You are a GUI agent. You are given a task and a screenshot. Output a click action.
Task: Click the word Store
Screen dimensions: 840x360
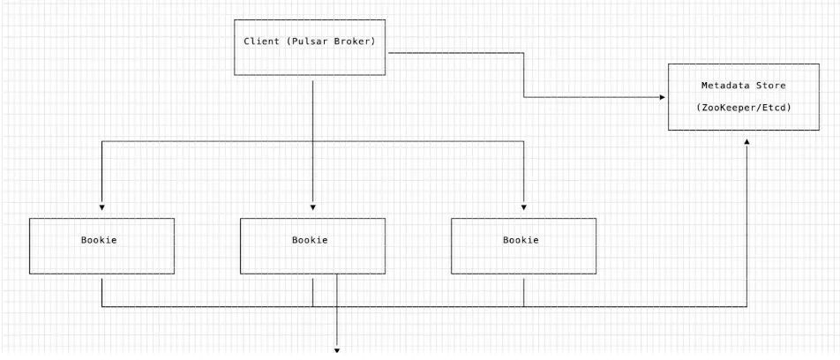pos(773,86)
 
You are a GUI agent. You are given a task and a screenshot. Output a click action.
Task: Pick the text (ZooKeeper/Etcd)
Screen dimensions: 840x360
pos(743,107)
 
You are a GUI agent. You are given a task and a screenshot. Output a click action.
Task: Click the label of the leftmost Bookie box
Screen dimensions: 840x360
pos(99,240)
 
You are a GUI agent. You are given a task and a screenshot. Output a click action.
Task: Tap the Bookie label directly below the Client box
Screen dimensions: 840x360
pos(310,240)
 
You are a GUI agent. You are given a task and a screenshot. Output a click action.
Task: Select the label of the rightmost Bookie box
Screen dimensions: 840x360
pos(521,240)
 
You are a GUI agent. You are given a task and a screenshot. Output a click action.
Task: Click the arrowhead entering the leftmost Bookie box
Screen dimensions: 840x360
pos(101,207)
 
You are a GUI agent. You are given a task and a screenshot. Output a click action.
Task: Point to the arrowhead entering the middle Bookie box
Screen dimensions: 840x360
pos(313,207)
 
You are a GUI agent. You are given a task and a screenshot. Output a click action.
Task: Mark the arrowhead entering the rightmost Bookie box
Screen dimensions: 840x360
pos(523,207)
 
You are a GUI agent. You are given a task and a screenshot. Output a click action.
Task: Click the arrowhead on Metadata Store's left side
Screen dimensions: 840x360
pos(662,97)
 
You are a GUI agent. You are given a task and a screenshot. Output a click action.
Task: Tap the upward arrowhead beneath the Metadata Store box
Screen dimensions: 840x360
pos(746,141)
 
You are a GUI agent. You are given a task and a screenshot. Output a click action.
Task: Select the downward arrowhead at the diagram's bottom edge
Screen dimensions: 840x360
pos(337,351)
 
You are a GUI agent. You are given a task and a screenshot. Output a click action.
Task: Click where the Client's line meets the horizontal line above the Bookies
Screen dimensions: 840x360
pos(313,141)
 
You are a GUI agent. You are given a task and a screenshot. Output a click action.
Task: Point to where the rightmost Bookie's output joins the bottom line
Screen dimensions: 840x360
pos(523,307)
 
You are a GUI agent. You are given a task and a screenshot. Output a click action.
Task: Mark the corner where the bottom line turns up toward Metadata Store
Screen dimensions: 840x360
pos(746,307)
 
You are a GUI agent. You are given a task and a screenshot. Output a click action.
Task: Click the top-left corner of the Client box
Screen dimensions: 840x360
pos(235,19)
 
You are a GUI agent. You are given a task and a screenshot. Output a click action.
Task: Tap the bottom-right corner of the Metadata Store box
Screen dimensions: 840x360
pos(819,131)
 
